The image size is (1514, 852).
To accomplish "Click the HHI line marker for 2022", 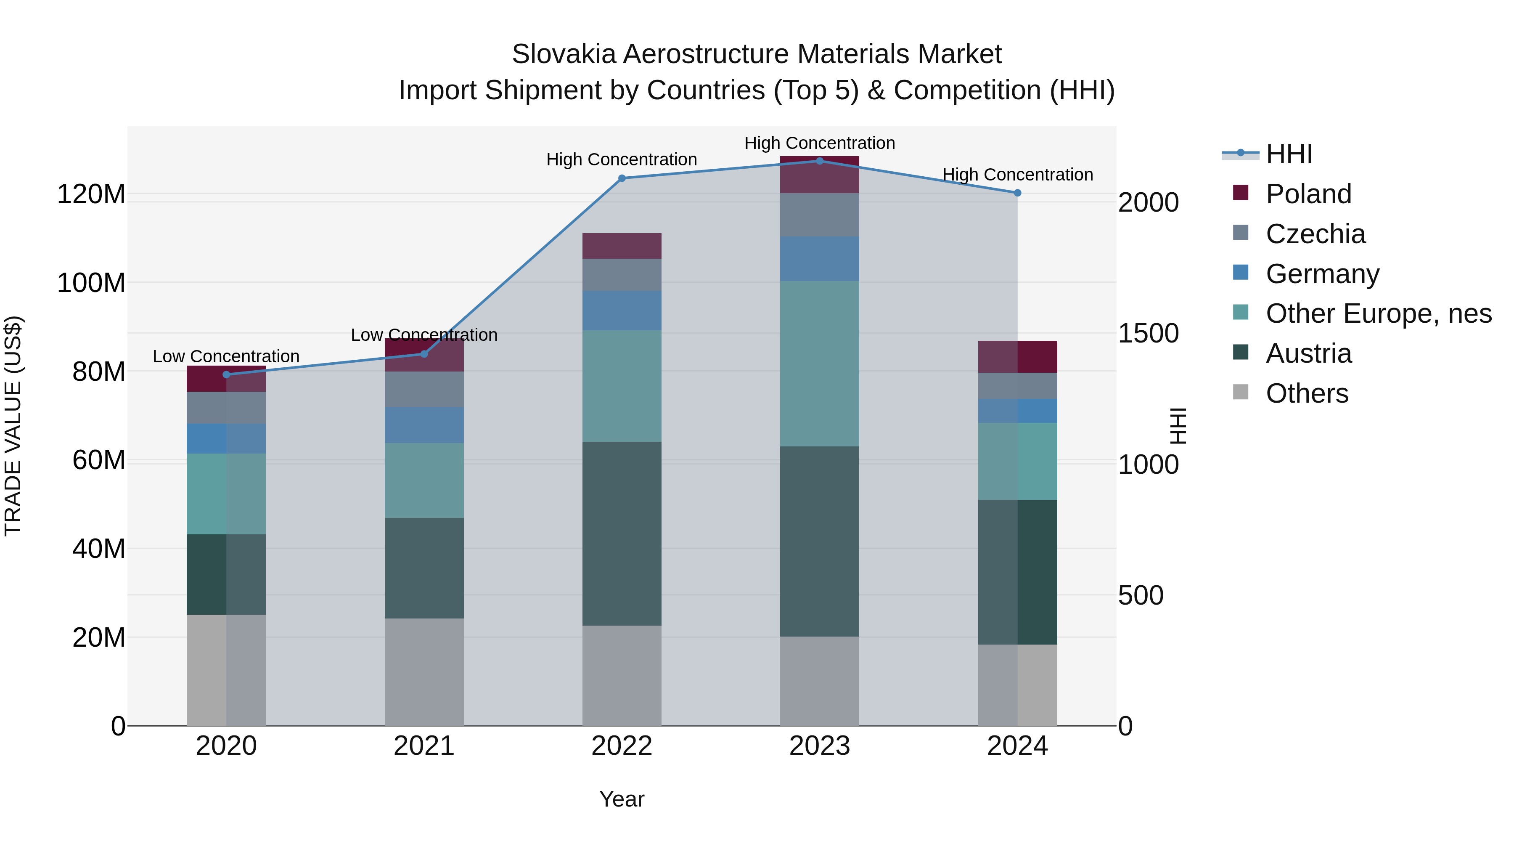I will click(x=622, y=178).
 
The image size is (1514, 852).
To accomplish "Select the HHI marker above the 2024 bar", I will click(x=1017, y=193).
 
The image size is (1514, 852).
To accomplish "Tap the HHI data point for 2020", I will click(x=226, y=374).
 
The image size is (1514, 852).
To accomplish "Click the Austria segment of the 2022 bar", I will click(x=622, y=533).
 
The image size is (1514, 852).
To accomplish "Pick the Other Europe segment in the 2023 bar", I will click(x=819, y=364).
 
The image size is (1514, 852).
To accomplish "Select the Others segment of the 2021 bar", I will click(x=424, y=672).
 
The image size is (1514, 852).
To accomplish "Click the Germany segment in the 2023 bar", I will click(x=819, y=259).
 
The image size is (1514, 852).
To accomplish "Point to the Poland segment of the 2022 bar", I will click(x=622, y=246).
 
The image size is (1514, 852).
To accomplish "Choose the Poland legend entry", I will click(x=1308, y=194).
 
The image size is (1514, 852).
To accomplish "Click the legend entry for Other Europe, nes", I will click(x=1378, y=313).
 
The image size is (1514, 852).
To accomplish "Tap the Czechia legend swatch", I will click(x=1240, y=232).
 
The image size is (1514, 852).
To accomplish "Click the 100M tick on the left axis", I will click(x=91, y=283).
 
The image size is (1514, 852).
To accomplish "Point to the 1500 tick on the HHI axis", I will click(x=1148, y=333).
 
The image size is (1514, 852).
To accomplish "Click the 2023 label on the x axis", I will click(x=819, y=746).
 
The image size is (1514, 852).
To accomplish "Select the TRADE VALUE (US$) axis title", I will click(x=13, y=426).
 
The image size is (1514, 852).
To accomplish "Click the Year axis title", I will click(x=622, y=799).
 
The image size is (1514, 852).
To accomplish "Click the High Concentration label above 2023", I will click(x=819, y=143).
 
